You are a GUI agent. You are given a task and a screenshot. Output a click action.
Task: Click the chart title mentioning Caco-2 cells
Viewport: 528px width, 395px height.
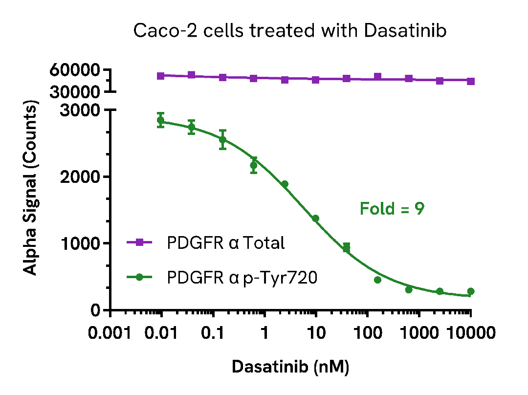pyautogui.click(x=290, y=31)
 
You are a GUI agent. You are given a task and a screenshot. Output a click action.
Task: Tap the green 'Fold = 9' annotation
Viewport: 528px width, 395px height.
pyautogui.click(x=392, y=209)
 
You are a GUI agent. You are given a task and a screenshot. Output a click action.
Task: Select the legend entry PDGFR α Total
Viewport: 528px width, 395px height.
pyautogui.click(x=225, y=243)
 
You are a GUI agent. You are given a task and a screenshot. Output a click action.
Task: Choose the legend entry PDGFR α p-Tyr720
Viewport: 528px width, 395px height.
pyautogui.click(x=242, y=278)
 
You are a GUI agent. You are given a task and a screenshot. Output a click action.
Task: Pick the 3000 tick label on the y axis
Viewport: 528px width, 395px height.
pyautogui.click(x=80, y=110)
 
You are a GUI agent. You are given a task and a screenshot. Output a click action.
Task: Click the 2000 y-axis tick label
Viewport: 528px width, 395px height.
pyautogui.click(x=80, y=177)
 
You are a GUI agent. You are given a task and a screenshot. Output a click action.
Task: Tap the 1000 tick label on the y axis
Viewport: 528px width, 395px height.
pyautogui.click(x=80, y=243)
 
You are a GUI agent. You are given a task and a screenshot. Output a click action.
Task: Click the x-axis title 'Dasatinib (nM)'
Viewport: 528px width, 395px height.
pyautogui.click(x=290, y=367)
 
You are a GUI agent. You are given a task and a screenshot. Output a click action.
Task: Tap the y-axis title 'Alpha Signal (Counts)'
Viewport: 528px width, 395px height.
pyautogui.click(x=30, y=189)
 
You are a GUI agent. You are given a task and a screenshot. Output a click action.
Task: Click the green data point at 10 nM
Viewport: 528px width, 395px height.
pyautogui.click(x=316, y=219)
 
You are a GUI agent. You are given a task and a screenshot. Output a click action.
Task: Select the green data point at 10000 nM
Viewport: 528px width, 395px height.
pyautogui.click(x=471, y=291)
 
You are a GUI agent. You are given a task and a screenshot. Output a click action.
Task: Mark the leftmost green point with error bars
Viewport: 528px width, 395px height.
pyautogui.click(x=160, y=120)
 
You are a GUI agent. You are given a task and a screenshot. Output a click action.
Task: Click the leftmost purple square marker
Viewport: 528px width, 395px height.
pyautogui.click(x=160, y=76)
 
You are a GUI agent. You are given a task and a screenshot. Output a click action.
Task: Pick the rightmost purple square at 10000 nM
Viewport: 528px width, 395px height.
pyautogui.click(x=471, y=81)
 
